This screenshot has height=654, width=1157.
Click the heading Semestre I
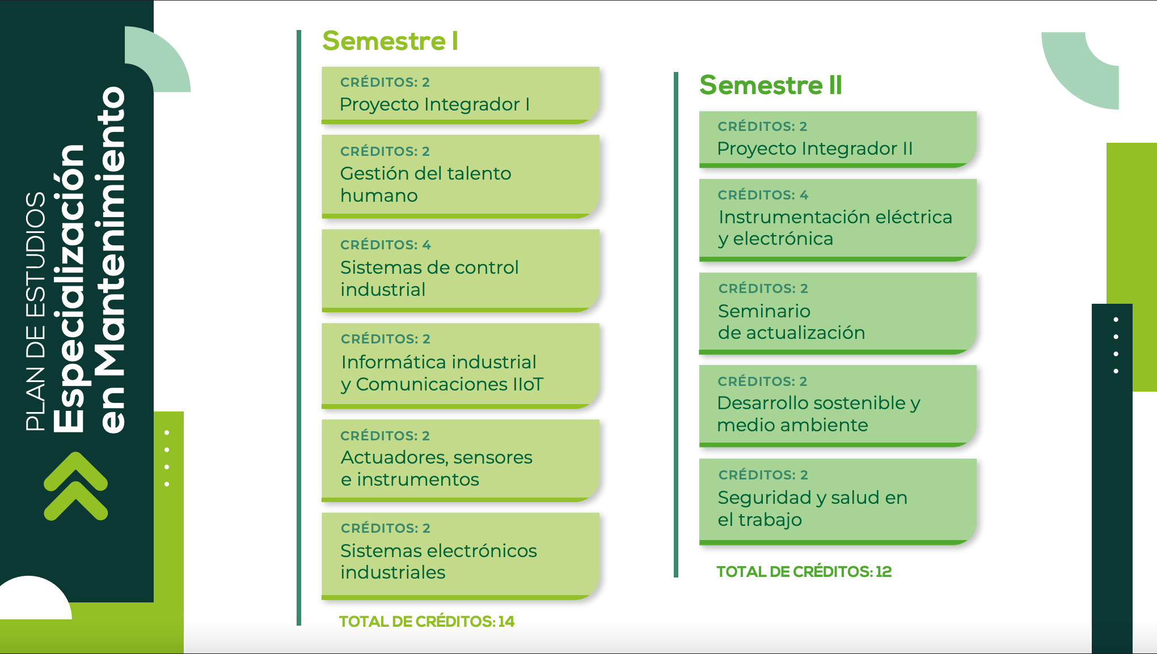[x=390, y=41]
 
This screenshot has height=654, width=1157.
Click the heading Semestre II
[x=771, y=85]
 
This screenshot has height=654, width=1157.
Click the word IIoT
[x=528, y=384]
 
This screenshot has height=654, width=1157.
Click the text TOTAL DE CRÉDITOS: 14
[x=427, y=622]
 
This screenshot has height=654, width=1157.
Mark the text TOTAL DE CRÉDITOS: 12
[x=804, y=572]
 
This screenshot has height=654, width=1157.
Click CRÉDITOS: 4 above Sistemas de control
[x=386, y=245]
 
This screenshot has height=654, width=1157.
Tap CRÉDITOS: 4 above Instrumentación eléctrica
[x=763, y=195]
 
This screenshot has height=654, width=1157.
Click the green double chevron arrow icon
[x=75, y=486]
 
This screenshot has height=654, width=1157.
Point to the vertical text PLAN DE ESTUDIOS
[x=36, y=312]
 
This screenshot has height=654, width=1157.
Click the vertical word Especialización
[x=69, y=288]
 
